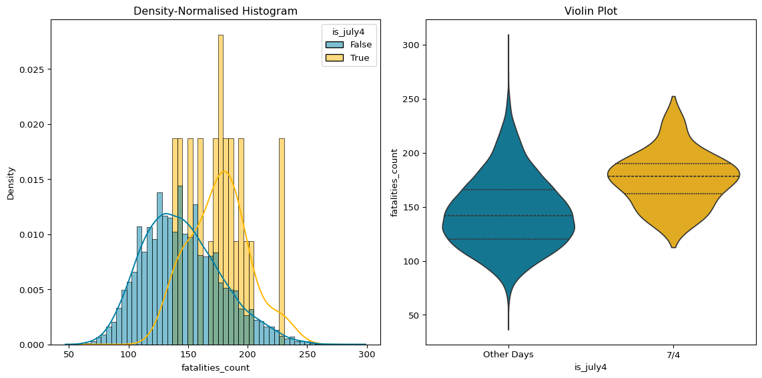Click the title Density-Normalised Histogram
click(216, 11)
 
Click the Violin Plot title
click(591, 11)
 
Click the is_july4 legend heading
click(349, 31)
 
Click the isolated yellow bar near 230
click(282, 240)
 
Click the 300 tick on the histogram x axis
click(366, 355)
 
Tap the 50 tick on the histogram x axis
click(69, 355)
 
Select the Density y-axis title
click(11, 182)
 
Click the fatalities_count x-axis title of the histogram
click(216, 367)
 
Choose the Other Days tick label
click(508, 355)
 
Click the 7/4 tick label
click(673, 355)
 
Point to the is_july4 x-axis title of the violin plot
click(591, 367)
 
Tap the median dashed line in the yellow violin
click(673, 176)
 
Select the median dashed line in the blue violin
click(508, 216)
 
